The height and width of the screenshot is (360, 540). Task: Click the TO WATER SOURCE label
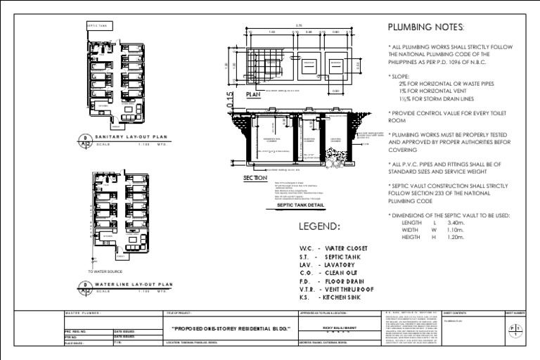[105, 271]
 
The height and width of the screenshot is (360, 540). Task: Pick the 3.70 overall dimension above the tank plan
[300, 27]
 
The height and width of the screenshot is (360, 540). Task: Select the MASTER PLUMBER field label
[83, 313]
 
